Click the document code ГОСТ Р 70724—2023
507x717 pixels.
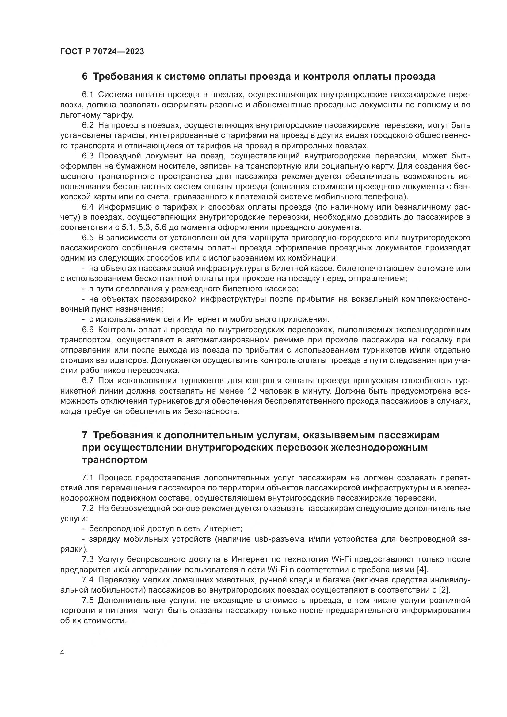(102, 52)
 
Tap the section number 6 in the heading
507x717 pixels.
(85, 77)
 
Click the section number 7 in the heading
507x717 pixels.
(85, 435)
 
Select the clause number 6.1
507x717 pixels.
(88, 95)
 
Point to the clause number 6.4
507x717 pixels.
(88, 207)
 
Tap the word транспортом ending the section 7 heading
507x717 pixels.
(115, 460)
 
